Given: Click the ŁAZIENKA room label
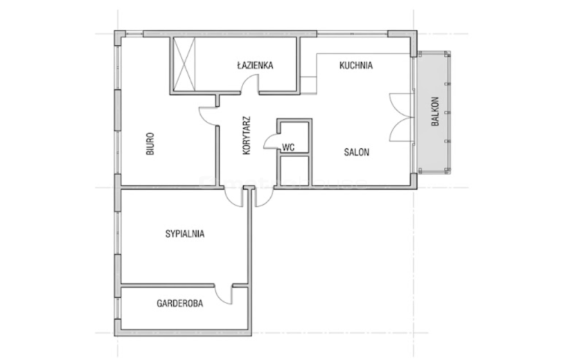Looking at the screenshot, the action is [x=255, y=65].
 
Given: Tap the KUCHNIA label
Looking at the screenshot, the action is [x=356, y=65].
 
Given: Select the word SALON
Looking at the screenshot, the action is [x=357, y=152].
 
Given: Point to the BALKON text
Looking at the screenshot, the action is [x=435, y=111].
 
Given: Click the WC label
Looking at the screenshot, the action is [x=288, y=147].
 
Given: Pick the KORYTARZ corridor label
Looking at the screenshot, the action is [x=247, y=135].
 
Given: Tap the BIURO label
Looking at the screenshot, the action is [x=150, y=144].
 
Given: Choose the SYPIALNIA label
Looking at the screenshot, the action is [x=185, y=234].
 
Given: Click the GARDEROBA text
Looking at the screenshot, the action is [x=179, y=303].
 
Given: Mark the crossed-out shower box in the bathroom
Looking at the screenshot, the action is [x=184, y=64].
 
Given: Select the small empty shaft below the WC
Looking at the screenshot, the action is [x=294, y=171].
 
